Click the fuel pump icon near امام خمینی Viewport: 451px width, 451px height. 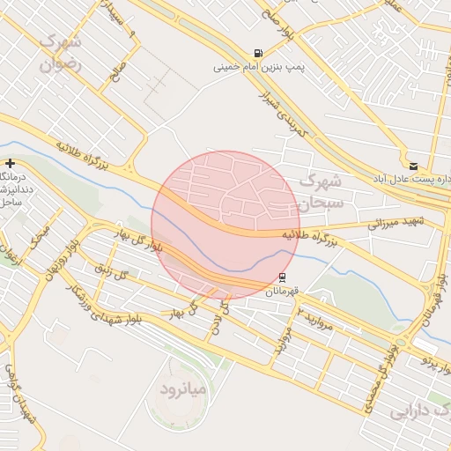tap(257, 53)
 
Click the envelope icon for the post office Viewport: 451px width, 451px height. tap(413, 165)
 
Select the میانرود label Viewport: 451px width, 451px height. tap(183, 388)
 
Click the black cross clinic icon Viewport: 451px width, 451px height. tap(10, 163)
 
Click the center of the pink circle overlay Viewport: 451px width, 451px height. tap(225, 225)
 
